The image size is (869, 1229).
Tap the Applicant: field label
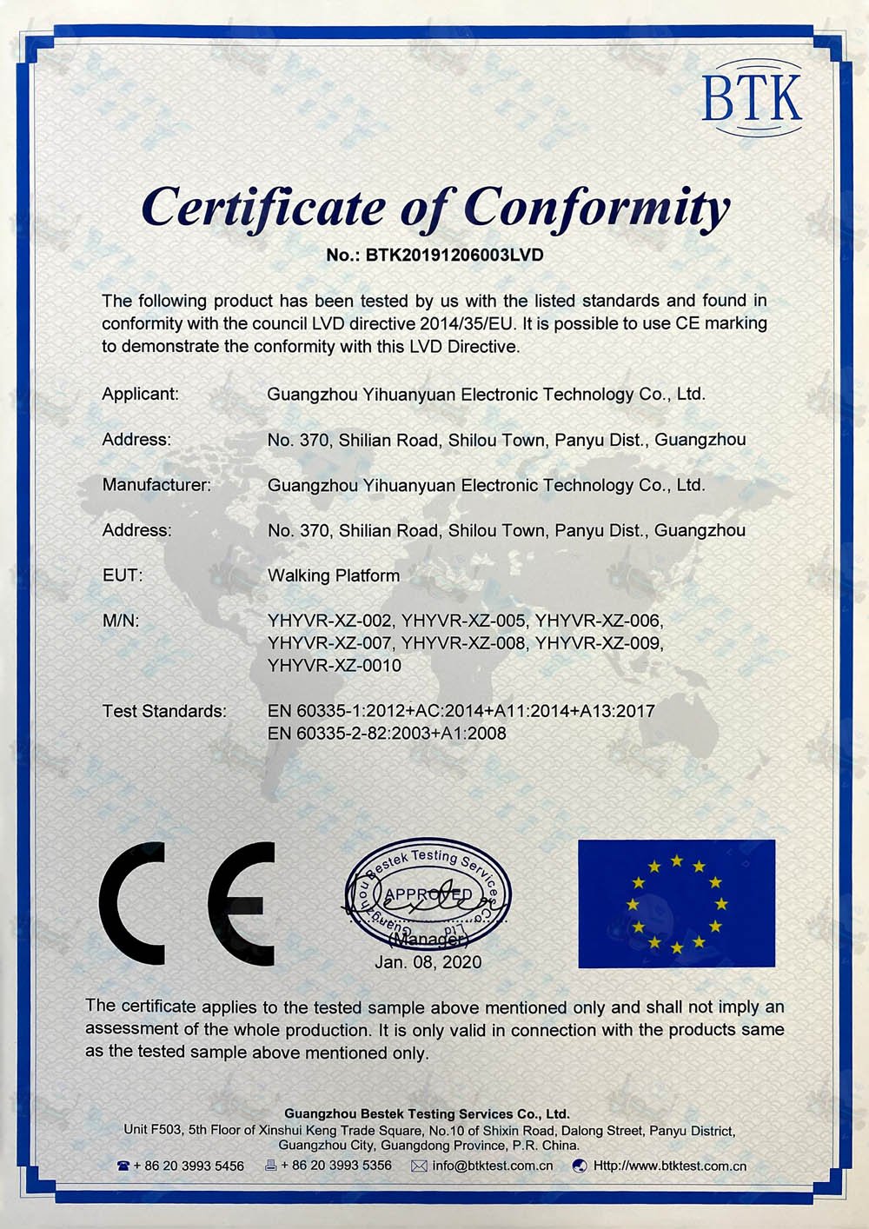pos(140,394)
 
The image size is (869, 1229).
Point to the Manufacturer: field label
pos(156,485)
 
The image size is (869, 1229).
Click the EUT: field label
pos(123,575)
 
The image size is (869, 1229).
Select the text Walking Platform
pos(334,575)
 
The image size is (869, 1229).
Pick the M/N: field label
pos(121,621)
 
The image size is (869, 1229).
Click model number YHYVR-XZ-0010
pos(335,666)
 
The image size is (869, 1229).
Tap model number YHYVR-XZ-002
pos(329,621)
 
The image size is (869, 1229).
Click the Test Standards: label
pos(164,711)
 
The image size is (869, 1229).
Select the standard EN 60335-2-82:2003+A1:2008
pos(387,734)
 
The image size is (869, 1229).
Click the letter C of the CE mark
pos(132,903)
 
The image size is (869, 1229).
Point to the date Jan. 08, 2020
pos(428,962)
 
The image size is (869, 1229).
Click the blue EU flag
pos(676,904)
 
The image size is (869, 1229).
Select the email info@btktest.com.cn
pos(492,1166)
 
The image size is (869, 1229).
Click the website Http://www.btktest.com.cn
pos(669,1166)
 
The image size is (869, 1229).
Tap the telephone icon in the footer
pos(123,1166)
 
